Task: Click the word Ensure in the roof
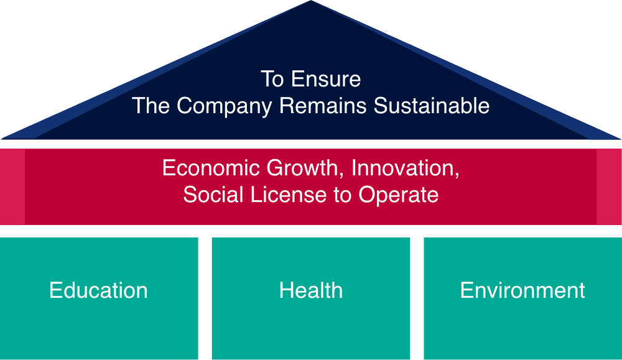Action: [x=326, y=79]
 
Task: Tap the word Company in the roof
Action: [x=224, y=106]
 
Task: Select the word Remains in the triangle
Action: [x=322, y=106]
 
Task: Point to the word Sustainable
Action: [x=431, y=106]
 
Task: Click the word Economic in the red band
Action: [x=211, y=168]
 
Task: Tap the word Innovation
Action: [x=406, y=168]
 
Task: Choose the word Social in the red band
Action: [x=213, y=195]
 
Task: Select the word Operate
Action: [x=398, y=195]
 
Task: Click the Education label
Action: [x=98, y=290]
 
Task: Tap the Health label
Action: [x=310, y=290]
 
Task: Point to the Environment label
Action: [x=522, y=290]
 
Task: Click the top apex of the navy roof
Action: [x=310, y=1]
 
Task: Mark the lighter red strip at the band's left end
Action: [x=12, y=187]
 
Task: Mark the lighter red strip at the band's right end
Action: [x=609, y=187]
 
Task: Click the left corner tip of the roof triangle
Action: [x=2, y=139]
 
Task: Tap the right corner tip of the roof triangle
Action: [x=620, y=139]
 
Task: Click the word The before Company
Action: [x=151, y=106]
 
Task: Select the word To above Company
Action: [x=272, y=79]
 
